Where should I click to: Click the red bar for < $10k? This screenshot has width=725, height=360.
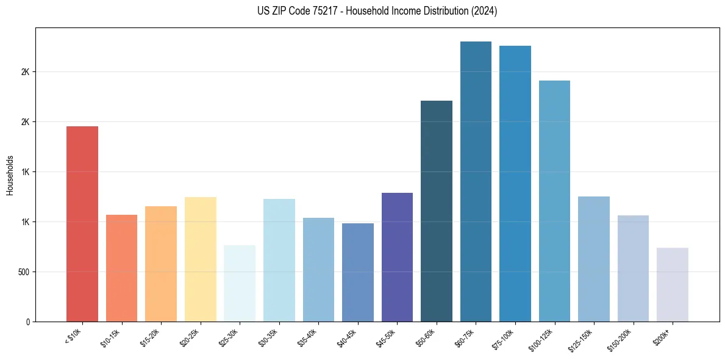pyautogui.click(x=82, y=223)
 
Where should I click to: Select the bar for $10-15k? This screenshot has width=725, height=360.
pyautogui.click(x=121, y=268)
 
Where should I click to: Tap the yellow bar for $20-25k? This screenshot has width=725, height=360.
pyautogui.click(x=200, y=259)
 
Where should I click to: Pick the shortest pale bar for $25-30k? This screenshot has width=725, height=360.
pyautogui.click(x=240, y=283)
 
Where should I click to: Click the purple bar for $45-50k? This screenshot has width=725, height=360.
pyautogui.click(x=397, y=257)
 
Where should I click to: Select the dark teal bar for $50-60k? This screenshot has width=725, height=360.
pyautogui.click(x=437, y=211)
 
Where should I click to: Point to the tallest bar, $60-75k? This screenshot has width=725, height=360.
pyautogui.click(x=476, y=181)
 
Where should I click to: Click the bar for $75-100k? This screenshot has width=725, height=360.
pyautogui.click(x=515, y=183)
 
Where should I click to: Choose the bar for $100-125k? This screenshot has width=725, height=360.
pyautogui.click(x=554, y=201)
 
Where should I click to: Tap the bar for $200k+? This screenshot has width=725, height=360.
pyautogui.click(x=673, y=284)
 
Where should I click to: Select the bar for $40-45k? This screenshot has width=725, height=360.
pyautogui.click(x=358, y=272)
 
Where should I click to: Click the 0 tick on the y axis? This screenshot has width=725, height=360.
pyautogui.click(x=28, y=322)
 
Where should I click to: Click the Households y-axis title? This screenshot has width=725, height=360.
pyautogui.click(x=10, y=175)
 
